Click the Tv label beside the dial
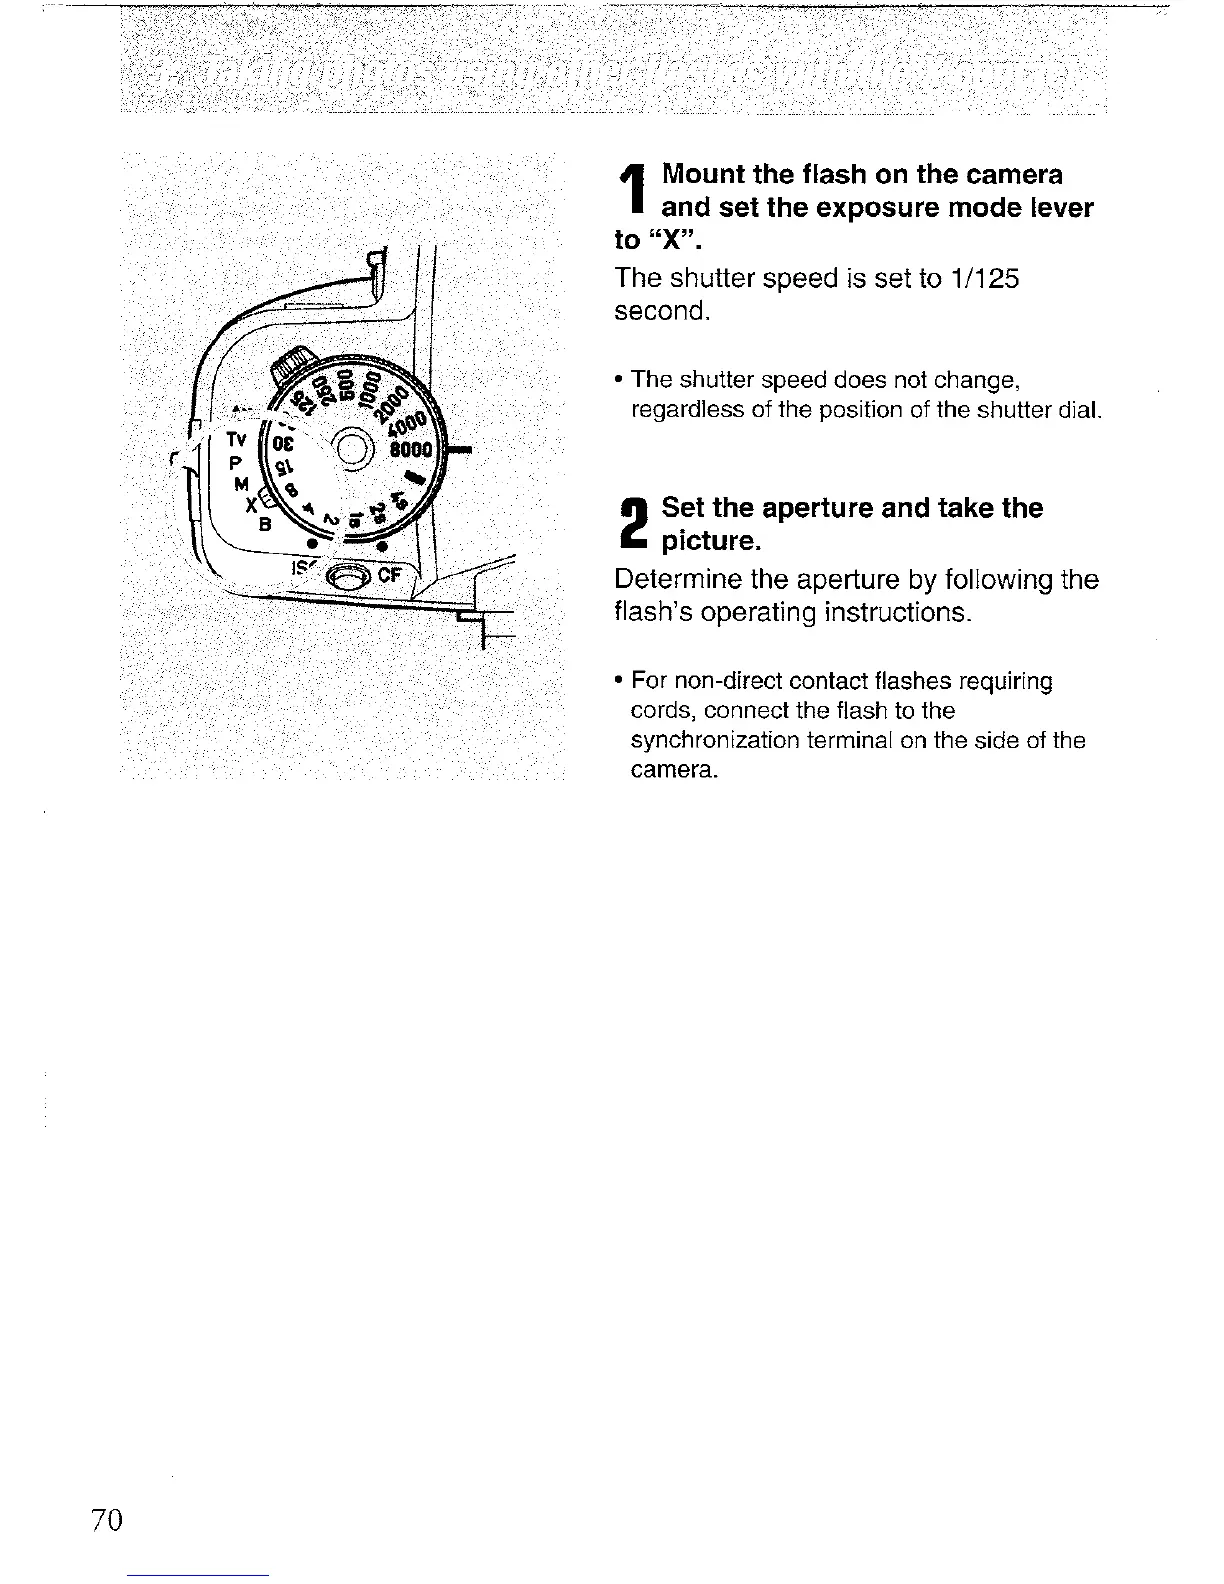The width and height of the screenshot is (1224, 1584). pos(234,439)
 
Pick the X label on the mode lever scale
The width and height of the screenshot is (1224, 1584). pos(251,505)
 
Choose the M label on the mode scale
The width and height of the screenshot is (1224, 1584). pos(240,484)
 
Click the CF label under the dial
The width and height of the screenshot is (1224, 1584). pos(389,576)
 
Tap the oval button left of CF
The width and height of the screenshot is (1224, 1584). pos(350,577)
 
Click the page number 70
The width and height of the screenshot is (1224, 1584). pos(105,1520)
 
